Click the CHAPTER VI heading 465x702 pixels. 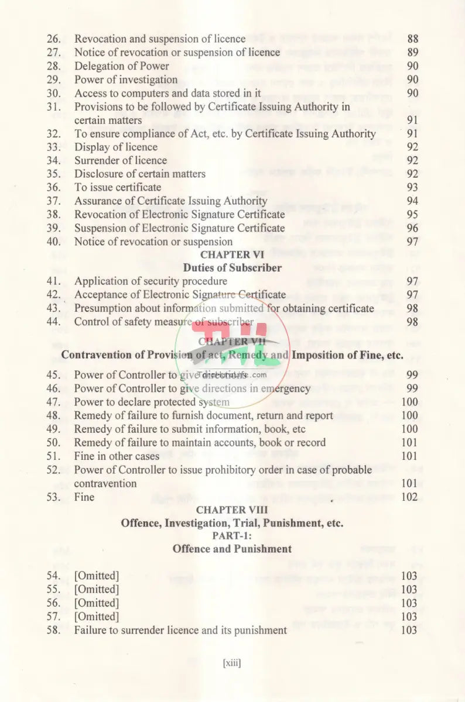tap(232, 255)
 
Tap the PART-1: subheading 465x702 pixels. tap(232, 536)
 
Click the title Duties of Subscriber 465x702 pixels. tap(232, 269)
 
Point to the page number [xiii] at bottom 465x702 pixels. tap(232, 663)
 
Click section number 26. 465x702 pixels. tap(54, 39)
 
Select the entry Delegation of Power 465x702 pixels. tap(121, 66)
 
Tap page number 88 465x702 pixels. tap(412, 39)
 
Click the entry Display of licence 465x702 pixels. tap(115, 147)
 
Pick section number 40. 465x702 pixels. tap(54, 242)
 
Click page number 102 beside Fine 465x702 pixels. tap(410, 497)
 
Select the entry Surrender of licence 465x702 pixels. tap(120, 160)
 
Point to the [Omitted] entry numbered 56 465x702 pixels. tap(96, 603)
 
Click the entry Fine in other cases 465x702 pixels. tap(117, 456)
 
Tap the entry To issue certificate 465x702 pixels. tap(117, 187)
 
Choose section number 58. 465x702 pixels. tap(54, 630)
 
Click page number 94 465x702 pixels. tap(412, 201)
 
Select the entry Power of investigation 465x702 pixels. tap(125, 80)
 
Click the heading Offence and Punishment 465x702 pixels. tap(232, 549)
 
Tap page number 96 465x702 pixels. tap(412, 228)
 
